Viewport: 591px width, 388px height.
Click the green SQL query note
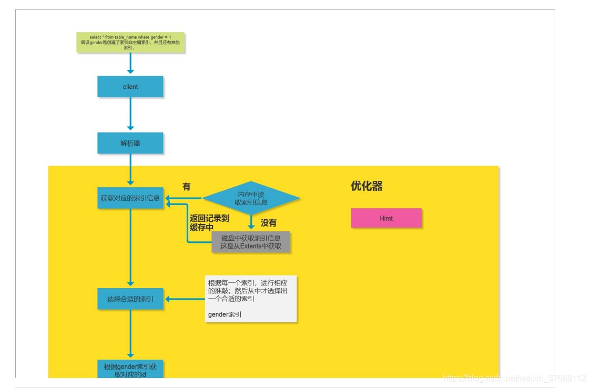click(130, 43)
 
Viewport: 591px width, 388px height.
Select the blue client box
click(130, 87)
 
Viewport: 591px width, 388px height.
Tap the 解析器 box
click(130, 143)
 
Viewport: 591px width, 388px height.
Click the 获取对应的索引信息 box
click(130, 198)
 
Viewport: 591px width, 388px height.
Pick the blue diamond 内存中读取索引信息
click(251, 198)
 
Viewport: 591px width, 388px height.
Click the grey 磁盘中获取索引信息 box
click(251, 242)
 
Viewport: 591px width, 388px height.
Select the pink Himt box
click(386, 218)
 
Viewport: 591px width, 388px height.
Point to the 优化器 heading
click(366, 186)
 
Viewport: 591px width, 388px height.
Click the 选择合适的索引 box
click(130, 299)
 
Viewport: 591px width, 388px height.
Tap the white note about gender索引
click(251, 298)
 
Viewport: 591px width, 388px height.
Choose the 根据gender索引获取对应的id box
click(130, 370)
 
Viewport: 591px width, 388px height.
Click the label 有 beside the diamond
click(186, 187)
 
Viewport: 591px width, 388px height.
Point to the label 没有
click(268, 223)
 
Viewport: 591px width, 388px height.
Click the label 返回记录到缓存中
click(209, 223)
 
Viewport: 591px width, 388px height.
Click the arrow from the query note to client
click(130, 64)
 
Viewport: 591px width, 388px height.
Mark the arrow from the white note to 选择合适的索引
click(185, 299)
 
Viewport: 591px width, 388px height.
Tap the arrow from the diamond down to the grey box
click(251, 222)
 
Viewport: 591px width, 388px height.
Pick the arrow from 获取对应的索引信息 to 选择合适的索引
click(130, 247)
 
